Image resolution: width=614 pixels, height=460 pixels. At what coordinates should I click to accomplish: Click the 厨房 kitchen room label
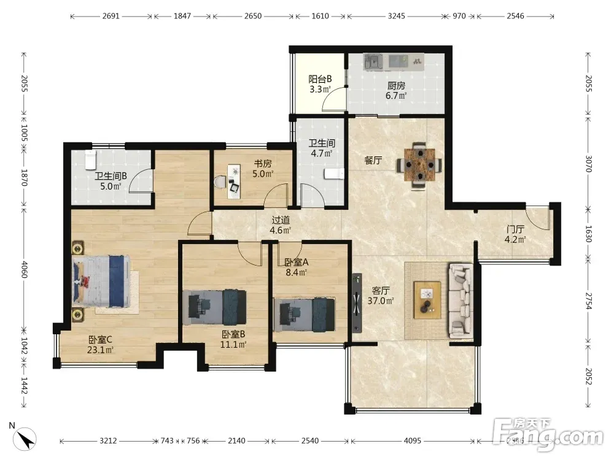pyautogui.click(x=396, y=86)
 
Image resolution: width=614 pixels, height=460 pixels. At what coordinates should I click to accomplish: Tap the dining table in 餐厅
pyautogui.click(x=419, y=165)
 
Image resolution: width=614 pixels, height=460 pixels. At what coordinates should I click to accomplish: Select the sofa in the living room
pyautogui.click(x=461, y=301)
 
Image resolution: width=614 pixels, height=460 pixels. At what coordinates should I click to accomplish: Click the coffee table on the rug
pyautogui.click(x=427, y=300)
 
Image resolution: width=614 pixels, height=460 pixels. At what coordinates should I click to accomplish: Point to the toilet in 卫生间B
pyautogui.click(x=90, y=159)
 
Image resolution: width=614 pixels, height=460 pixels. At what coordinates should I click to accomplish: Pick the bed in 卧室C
pyautogui.click(x=101, y=282)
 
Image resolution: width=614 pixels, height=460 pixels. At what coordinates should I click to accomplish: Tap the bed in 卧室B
pyautogui.click(x=214, y=307)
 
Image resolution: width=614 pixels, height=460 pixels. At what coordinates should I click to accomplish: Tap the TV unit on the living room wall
pyautogui.click(x=357, y=303)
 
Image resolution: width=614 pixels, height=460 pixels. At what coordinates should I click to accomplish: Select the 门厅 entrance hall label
pyautogui.click(x=515, y=229)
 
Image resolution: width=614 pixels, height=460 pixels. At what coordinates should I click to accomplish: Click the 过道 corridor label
pyautogui.click(x=281, y=220)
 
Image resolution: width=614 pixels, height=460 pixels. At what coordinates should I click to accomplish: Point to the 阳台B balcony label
pyautogui.click(x=320, y=79)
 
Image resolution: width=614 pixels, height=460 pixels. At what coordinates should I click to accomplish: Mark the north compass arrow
pyautogui.click(x=27, y=439)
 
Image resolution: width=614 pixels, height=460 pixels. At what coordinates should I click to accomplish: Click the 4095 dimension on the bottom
pyautogui.click(x=413, y=441)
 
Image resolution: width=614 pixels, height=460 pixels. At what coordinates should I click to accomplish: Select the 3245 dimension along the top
pyautogui.click(x=396, y=16)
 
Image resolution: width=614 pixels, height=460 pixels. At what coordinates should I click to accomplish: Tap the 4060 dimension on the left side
pyautogui.click(x=24, y=269)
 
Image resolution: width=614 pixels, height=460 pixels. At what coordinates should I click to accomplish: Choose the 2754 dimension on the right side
pyautogui.click(x=588, y=301)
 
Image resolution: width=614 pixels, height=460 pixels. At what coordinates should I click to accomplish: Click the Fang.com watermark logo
pyautogui.click(x=548, y=434)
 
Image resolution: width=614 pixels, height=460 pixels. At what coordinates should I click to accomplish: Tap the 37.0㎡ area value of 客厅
pyautogui.click(x=381, y=301)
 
